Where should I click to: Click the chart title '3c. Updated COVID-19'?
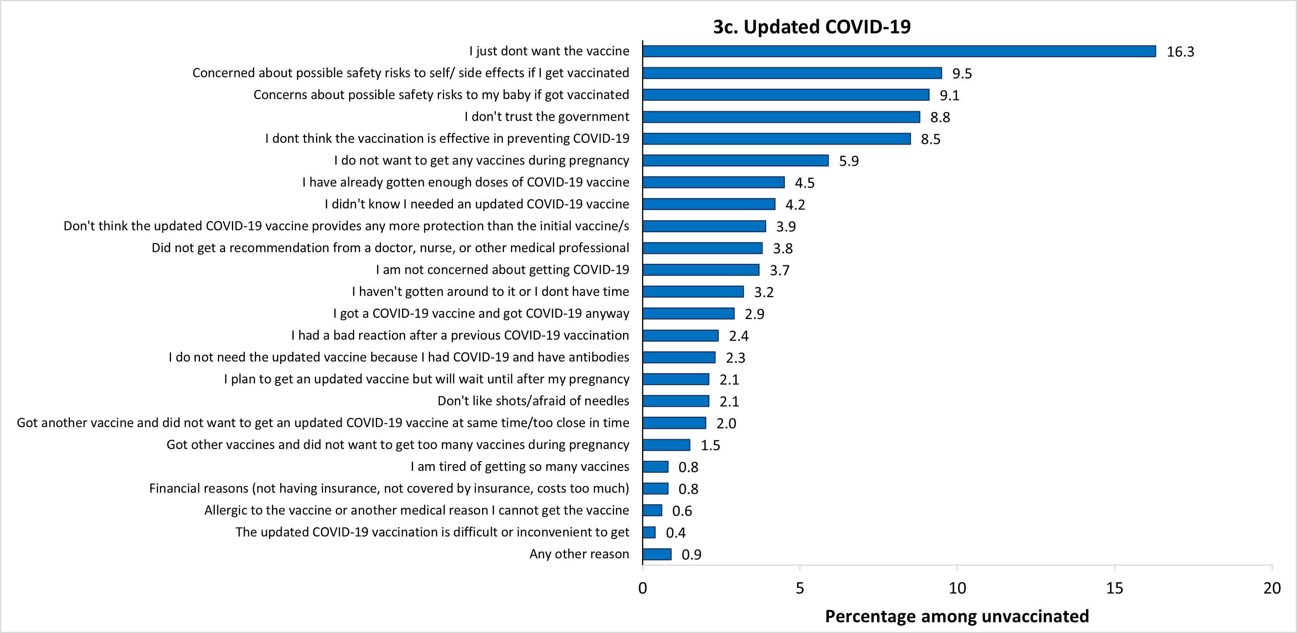coord(812,27)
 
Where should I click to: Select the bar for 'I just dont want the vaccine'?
coord(899,51)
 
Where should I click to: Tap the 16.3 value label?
coord(1180,52)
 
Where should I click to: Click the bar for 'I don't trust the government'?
coord(781,117)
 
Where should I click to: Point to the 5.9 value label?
coord(848,161)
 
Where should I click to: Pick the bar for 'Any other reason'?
coord(656,554)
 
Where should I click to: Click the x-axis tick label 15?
coord(1114,588)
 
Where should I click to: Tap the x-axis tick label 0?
coord(642,588)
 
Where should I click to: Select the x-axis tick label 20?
coord(1272,588)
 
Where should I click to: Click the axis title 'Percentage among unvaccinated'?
coord(957,616)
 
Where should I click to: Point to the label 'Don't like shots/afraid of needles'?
coord(533,401)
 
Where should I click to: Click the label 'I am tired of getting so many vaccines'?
coord(520,467)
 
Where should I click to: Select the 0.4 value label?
coord(676,533)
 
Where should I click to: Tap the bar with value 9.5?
coord(792,73)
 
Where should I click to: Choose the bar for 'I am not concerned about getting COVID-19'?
coord(701,270)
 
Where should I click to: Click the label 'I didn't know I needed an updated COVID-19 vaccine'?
coord(477,204)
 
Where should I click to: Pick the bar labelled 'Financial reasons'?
coord(655,489)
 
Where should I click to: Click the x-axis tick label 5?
coord(800,588)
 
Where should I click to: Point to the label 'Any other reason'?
coord(579,554)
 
